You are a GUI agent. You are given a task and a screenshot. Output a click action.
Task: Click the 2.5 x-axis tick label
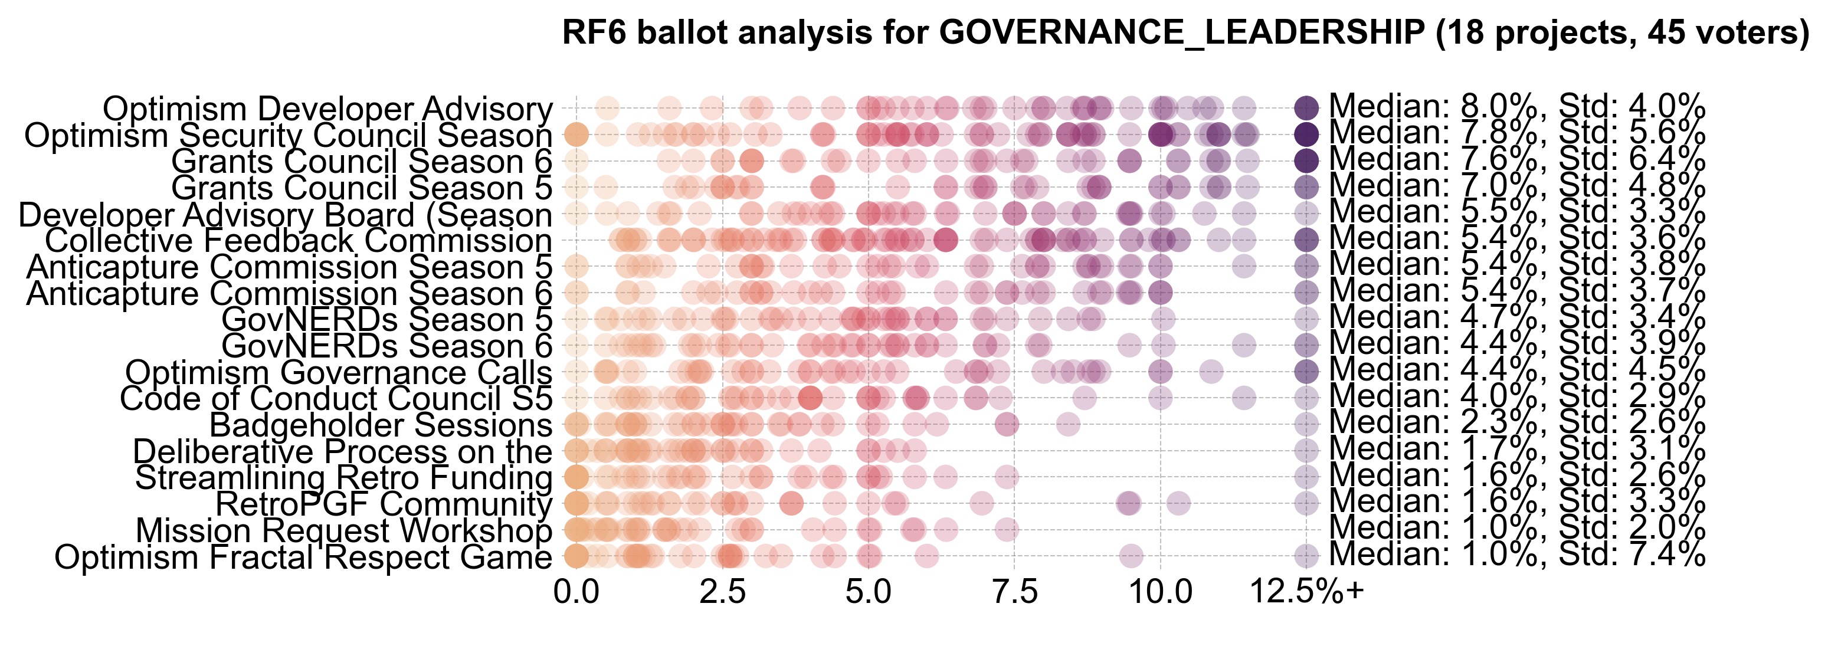(x=722, y=592)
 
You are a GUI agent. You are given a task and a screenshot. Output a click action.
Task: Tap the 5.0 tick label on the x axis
(x=869, y=592)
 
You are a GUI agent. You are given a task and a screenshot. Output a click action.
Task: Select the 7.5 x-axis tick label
(x=1015, y=592)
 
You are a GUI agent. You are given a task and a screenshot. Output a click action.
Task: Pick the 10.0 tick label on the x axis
(x=1161, y=592)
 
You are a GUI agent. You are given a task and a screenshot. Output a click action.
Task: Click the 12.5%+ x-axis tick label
(x=1306, y=592)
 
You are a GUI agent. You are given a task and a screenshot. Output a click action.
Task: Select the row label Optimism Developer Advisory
(x=327, y=109)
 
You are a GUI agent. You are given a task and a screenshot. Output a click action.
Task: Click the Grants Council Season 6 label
(x=361, y=162)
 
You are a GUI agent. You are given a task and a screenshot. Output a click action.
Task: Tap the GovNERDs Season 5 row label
(x=386, y=320)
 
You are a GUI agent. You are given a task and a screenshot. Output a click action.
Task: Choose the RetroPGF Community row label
(x=383, y=504)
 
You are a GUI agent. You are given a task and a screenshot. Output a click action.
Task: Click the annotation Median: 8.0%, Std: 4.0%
(x=1516, y=107)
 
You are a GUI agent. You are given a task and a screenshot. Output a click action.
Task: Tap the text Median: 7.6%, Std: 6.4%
(x=1516, y=160)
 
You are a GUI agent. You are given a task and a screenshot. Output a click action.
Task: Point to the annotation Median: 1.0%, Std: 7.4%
(x=1516, y=554)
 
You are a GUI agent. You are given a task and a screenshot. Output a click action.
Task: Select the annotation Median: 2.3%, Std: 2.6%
(x=1516, y=423)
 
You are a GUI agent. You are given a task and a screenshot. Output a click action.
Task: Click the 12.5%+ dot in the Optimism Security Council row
(x=1306, y=133)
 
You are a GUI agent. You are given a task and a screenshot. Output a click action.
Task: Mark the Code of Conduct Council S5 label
(x=336, y=399)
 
